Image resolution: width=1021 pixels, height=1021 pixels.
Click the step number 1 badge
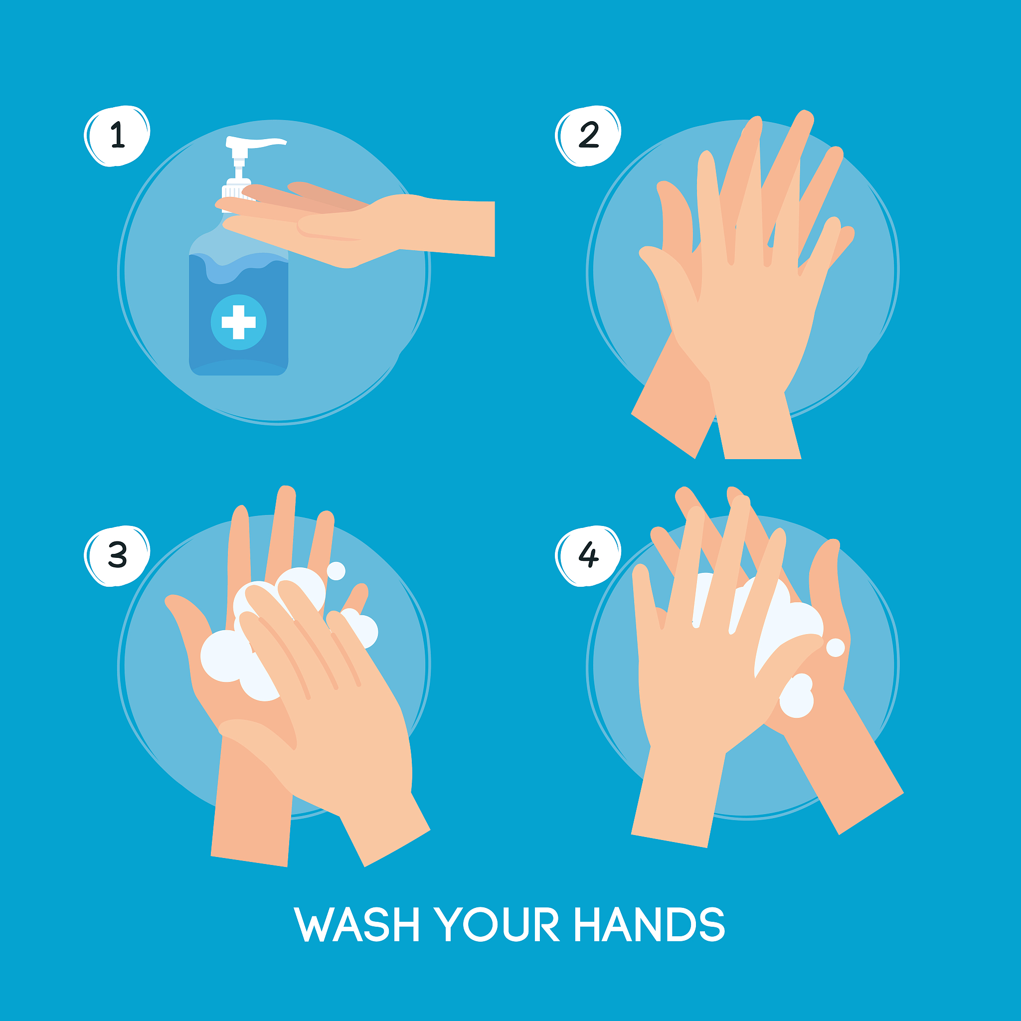click(x=117, y=136)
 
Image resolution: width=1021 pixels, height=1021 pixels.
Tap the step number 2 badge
click(x=588, y=136)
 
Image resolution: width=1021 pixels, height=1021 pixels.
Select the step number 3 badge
click(x=117, y=556)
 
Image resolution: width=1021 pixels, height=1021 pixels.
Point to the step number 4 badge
click(x=588, y=556)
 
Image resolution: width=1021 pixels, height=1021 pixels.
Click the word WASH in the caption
click(x=357, y=924)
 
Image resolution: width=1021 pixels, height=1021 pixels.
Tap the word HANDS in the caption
click(x=650, y=924)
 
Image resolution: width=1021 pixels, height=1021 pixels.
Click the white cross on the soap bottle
click(x=238, y=322)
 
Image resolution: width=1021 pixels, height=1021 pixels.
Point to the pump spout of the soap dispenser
click(x=256, y=142)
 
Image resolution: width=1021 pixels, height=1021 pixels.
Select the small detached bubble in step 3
click(x=336, y=571)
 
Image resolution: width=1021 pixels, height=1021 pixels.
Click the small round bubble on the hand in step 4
click(x=836, y=648)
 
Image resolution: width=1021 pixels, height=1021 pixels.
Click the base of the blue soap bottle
click(x=238, y=367)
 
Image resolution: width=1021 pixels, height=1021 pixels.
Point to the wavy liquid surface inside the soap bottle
click(x=238, y=267)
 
